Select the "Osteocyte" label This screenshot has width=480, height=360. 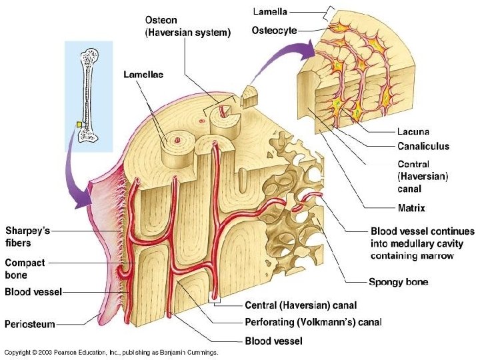pyautogui.click(x=274, y=30)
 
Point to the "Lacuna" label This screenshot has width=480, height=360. pyautogui.click(x=413, y=132)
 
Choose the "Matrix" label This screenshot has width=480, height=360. pyautogui.click(x=411, y=208)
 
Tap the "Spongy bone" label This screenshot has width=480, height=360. pyautogui.click(x=399, y=282)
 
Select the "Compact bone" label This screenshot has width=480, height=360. pyautogui.click(x=25, y=269)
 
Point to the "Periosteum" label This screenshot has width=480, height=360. pyautogui.click(x=30, y=324)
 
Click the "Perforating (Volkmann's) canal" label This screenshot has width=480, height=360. pyautogui.click(x=313, y=323)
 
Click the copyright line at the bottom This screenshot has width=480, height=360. pyautogui.click(x=111, y=352)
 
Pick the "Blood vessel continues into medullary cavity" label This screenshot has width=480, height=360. pyautogui.click(x=422, y=243)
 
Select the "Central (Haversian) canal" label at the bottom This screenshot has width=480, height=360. pyautogui.click(x=301, y=305)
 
